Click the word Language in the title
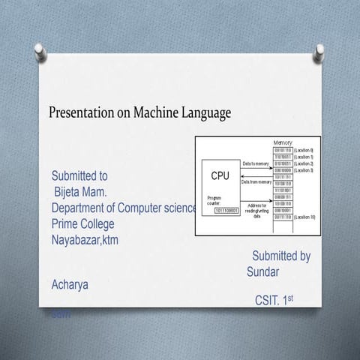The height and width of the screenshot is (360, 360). [205, 113]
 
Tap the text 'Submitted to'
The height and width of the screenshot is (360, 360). [79, 176]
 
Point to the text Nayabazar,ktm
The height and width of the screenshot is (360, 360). [85, 240]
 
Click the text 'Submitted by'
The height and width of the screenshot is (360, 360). [281, 256]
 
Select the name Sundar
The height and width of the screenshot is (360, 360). [263, 271]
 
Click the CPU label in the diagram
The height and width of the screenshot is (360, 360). [220, 175]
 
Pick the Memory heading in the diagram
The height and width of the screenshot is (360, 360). [283, 142]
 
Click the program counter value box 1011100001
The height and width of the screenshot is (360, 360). [225, 211]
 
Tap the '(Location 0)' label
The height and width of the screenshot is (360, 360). [309, 150]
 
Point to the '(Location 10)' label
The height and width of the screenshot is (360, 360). [309, 217]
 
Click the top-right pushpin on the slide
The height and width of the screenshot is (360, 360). [320, 51]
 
